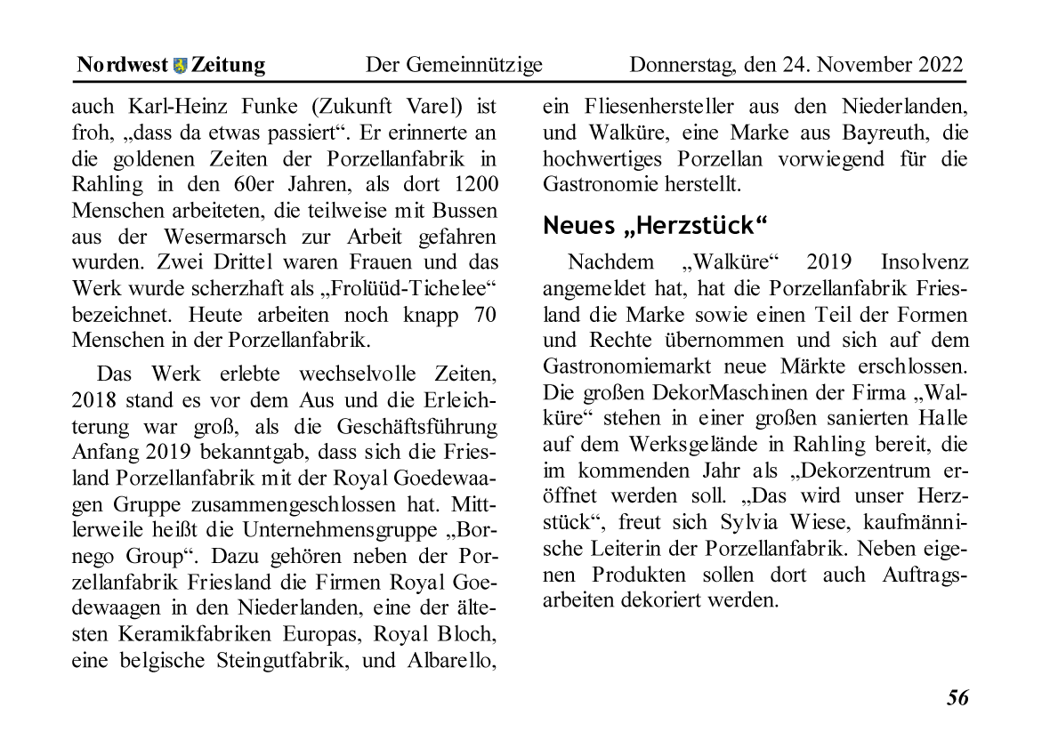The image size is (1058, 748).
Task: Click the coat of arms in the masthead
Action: tap(181, 65)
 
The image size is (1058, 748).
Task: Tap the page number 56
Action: tap(957, 698)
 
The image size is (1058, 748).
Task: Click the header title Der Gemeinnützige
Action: tap(454, 65)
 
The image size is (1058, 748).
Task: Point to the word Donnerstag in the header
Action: tap(681, 65)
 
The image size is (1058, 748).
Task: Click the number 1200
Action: tap(471, 185)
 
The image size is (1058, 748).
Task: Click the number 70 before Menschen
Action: tap(484, 315)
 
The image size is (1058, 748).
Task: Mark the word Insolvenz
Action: tap(925, 262)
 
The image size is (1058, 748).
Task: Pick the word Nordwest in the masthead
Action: tap(122, 65)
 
